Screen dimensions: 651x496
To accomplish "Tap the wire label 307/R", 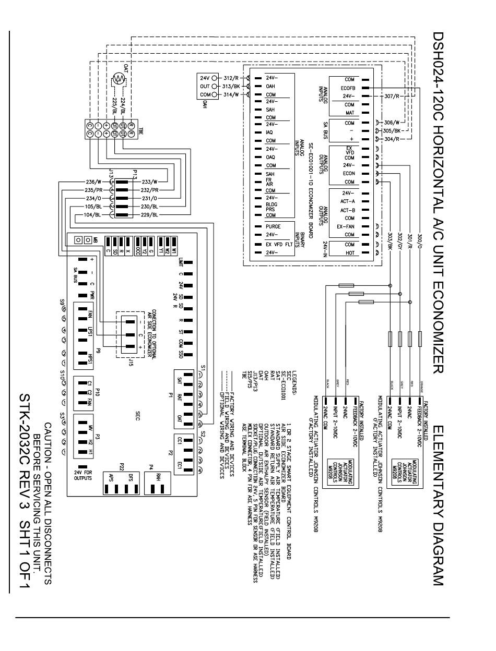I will (x=392, y=96).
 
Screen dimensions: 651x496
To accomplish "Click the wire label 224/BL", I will (x=123, y=102).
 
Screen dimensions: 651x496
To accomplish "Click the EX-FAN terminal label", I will (x=346, y=226).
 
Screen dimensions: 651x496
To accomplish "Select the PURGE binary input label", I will (x=273, y=226).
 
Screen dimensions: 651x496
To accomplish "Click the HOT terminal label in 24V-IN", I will (x=349, y=252).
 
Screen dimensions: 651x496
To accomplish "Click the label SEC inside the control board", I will (x=137, y=415).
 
